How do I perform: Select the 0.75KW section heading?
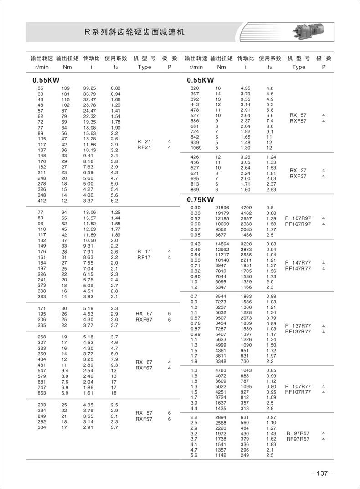(x=201, y=199)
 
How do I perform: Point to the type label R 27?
(x=144, y=142)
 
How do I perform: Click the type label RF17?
(x=144, y=257)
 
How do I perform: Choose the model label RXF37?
(x=298, y=176)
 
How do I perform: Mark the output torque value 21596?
(x=222, y=208)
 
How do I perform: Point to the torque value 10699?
(x=222, y=224)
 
